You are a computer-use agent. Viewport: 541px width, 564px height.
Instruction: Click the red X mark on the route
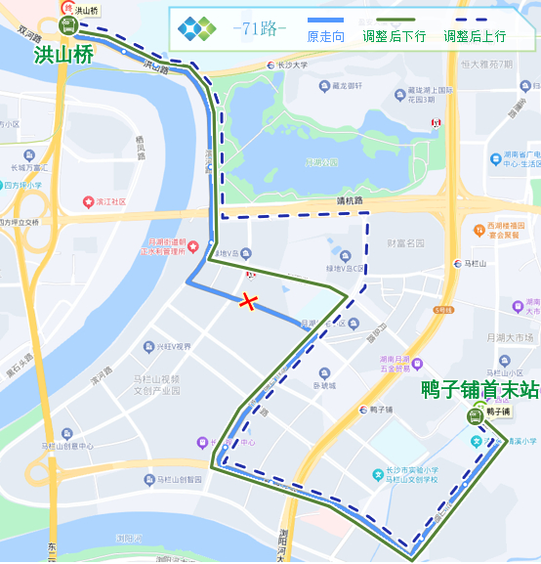pos(249,302)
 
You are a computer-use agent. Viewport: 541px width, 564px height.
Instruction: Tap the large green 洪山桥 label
pos(63,56)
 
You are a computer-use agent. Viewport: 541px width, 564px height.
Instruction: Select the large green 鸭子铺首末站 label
pos(479,390)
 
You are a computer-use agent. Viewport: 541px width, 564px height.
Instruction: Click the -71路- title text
pos(260,29)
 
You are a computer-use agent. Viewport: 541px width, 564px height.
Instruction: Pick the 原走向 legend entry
pos(326,36)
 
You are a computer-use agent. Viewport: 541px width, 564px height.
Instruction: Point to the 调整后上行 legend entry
pos(475,36)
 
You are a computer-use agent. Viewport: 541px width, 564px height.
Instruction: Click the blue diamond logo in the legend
pos(196,29)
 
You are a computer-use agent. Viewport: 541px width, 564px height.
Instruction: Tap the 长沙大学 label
pos(291,65)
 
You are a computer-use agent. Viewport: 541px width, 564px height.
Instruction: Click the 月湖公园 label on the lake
pos(321,162)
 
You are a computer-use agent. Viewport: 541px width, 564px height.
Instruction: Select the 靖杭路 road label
pos(350,201)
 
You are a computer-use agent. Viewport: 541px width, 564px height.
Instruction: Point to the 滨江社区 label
pos(110,201)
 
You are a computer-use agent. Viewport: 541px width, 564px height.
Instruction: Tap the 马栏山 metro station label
pos(480,263)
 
